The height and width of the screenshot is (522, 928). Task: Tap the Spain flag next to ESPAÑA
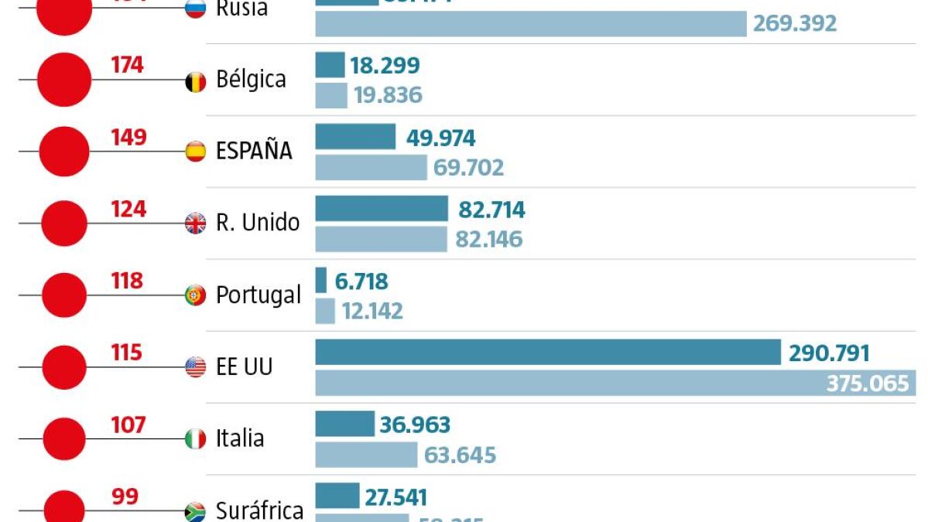(196, 152)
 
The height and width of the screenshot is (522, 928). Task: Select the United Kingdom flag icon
(196, 223)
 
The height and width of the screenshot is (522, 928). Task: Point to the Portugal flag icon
(196, 295)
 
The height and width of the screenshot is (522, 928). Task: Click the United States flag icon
(196, 367)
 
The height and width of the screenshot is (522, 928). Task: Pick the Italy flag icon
(196, 439)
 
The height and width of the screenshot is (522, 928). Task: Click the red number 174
(128, 65)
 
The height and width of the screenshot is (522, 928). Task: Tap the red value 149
(128, 137)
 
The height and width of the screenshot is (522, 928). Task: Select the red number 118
(128, 281)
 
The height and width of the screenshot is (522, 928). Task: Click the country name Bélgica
(251, 80)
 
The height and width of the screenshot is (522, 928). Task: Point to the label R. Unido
(258, 223)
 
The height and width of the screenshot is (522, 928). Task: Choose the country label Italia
(240, 438)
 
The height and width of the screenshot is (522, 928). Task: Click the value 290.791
(829, 354)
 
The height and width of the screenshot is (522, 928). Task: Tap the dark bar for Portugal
(321, 280)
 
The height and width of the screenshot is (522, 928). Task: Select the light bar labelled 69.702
(371, 167)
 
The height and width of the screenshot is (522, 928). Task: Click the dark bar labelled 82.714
(382, 209)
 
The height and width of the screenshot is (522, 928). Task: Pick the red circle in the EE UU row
(64, 367)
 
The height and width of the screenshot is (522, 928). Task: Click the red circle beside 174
(64, 79)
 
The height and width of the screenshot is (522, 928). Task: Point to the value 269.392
(795, 23)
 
